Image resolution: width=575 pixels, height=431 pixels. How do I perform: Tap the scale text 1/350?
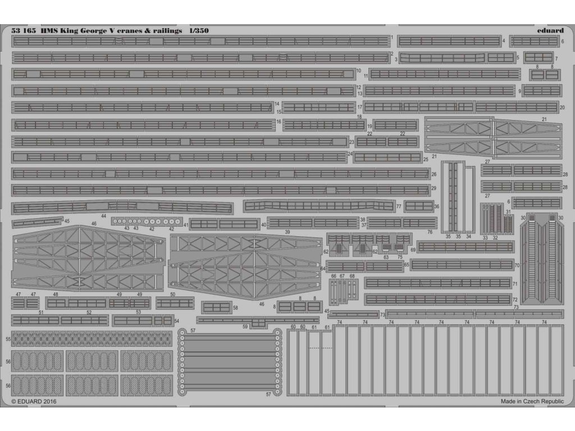pos(199,31)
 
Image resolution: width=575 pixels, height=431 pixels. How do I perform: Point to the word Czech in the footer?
pos(529,402)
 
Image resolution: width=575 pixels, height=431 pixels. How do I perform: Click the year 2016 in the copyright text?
pos(49,402)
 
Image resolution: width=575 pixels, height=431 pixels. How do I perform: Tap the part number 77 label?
pos(398,207)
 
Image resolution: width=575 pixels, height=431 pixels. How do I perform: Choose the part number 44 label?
pos(103,216)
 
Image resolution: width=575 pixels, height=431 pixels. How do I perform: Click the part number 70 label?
pos(517,264)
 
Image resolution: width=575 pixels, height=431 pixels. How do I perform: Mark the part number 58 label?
pos(235,308)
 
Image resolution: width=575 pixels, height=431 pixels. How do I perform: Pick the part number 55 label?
pos(8,340)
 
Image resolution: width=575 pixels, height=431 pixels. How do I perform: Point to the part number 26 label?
pos(434,175)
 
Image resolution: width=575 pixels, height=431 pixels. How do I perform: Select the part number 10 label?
pos(358,71)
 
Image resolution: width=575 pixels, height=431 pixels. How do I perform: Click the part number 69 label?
pos(413,250)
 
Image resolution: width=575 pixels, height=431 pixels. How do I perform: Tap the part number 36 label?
pos(436,207)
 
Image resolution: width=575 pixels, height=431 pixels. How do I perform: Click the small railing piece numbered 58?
pos(216,308)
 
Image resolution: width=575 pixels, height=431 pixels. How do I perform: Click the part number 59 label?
pos(245,326)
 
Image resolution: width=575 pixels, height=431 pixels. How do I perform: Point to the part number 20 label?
pos(562,107)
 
